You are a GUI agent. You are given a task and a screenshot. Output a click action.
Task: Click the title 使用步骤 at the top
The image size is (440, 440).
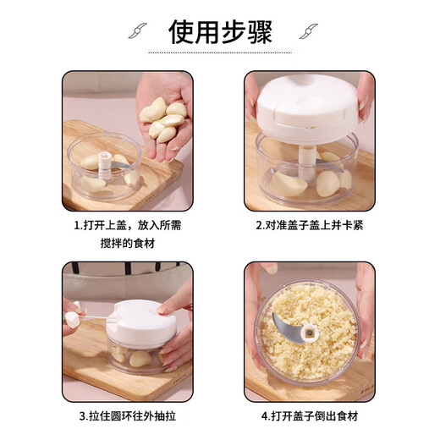[219, 31]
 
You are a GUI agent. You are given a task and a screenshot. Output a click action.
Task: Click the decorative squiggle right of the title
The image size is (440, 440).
[305, 31]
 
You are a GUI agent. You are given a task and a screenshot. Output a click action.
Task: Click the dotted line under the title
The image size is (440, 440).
[219, 52]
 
